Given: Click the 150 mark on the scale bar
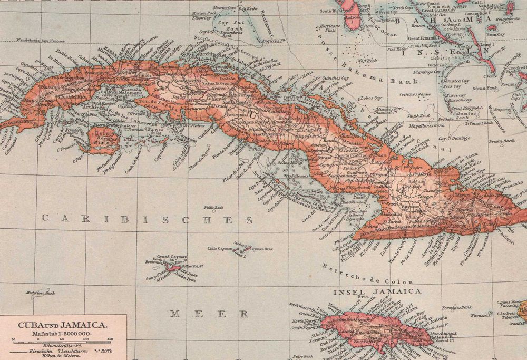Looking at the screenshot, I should [109, 338].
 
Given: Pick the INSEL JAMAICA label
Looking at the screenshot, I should [377, 291].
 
